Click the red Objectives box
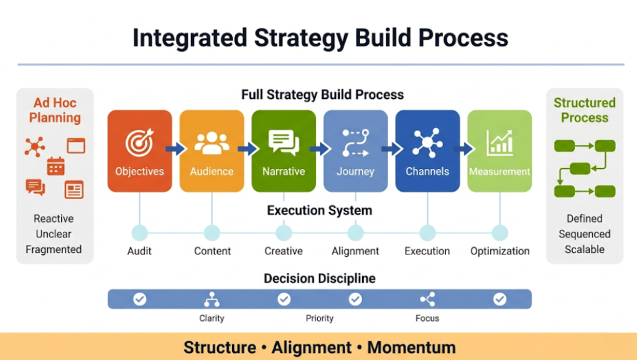139,151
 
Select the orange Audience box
212,151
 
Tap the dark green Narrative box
284,151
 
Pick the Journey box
355,151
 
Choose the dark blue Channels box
427,151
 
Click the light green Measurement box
500,151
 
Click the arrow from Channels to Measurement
464,149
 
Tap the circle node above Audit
140,233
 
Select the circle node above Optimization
500,233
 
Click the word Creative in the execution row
284,251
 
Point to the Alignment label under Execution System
355,251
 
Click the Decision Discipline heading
320,279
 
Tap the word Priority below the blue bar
320,318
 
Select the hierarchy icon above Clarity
212,300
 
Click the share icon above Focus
427,300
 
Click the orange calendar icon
56,166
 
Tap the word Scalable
584,249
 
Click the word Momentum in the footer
411,347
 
